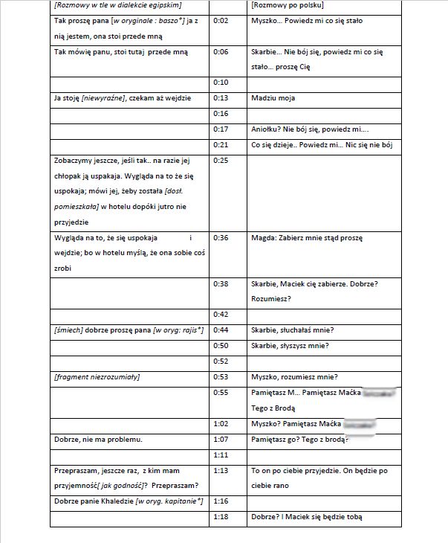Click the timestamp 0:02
[x=220, y=21]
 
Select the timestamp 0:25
[x=220, y=160]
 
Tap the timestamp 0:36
[x=220, y=238]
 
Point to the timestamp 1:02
[x=220, y=424]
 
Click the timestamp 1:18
[x=220, y=517]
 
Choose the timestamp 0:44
[x=220, y=330]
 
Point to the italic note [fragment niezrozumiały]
[x=97, y=377]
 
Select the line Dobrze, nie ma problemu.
[x=99, y=440]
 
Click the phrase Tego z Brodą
[x=274, y=408]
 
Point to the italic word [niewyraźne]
[x=104, y=97]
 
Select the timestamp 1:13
[x=220, y=471]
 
